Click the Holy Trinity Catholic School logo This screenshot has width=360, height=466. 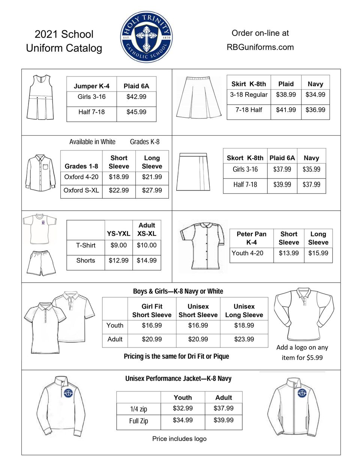coord(146,37)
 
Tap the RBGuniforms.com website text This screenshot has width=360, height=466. coord(260,47)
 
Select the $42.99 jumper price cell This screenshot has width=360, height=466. coord(136,97)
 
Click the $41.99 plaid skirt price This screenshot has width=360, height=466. coord(286,110)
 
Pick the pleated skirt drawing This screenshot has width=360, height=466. coord(198,98)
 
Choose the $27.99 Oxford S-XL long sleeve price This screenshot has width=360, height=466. coord(152,190)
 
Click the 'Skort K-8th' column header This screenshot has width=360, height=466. coord(245,158)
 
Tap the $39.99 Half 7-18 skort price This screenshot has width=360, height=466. coord(282,184)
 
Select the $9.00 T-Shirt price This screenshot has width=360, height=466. coord(118,245)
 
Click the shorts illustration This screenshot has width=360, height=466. coord(41,263)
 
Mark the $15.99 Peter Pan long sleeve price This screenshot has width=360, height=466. coord(318,253)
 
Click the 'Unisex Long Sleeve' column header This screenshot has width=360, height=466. coord(244,310)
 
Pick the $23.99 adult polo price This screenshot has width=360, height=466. coord(244,339)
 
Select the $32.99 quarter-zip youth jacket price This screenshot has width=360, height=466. coord(183,408)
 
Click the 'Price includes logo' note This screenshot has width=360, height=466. coord(179,439)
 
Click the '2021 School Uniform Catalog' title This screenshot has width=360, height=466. coord(64,41)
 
